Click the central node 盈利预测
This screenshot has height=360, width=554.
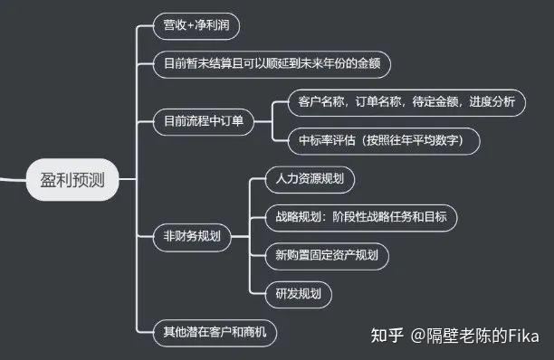(72, 178)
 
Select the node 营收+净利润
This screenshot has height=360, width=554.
(196, 26)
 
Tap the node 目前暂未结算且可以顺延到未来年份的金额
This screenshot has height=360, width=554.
(276, 64)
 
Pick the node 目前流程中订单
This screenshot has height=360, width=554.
(205, 121)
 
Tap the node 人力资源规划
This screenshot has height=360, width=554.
(309, 178)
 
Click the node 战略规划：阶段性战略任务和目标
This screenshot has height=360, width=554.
(359, 217)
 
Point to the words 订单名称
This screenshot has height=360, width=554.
(373, 101)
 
